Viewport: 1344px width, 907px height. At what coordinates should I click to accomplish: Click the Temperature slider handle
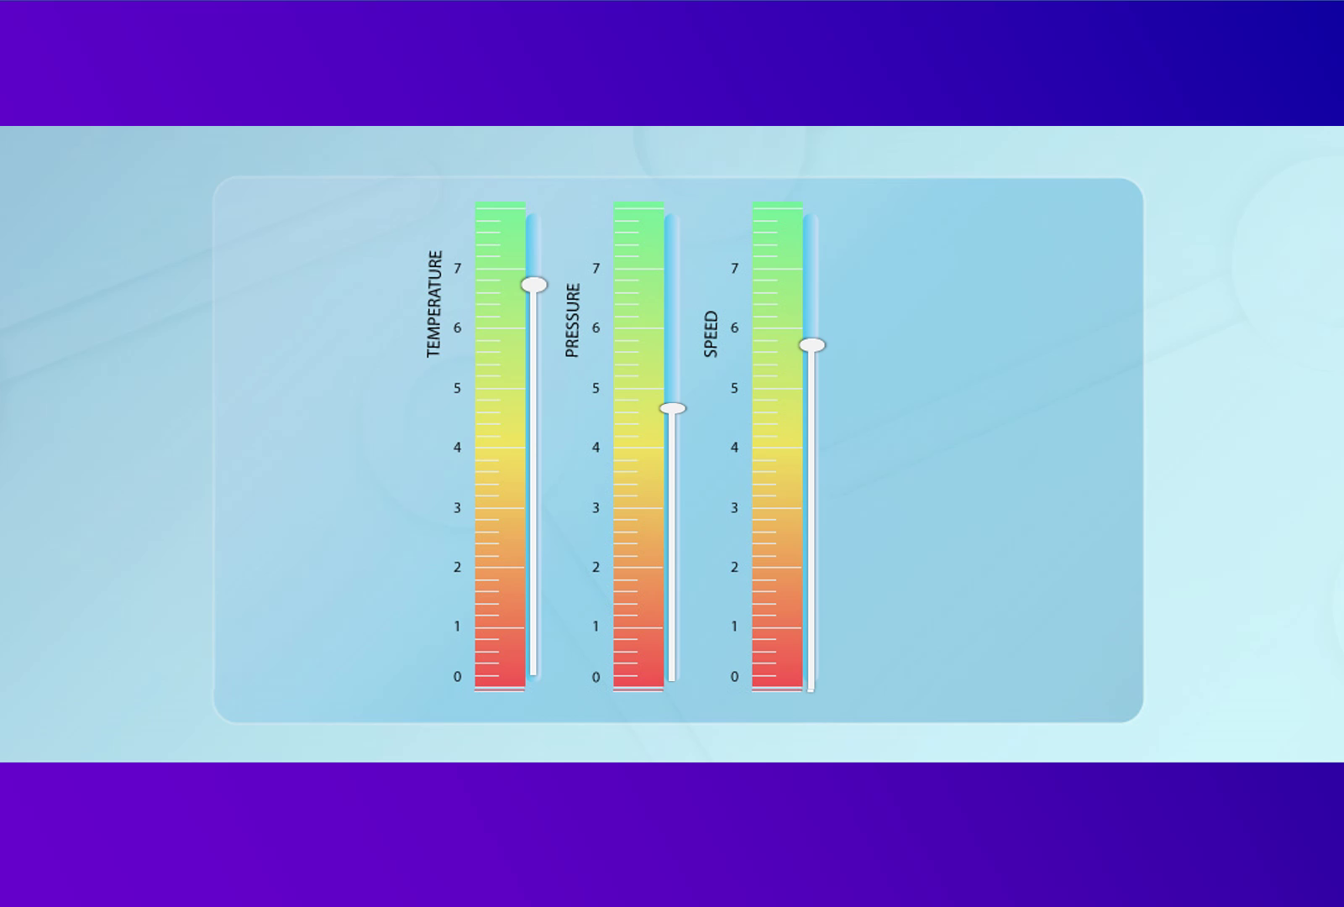coord(533,285)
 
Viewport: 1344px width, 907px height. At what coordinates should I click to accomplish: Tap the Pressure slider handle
coord(672,408)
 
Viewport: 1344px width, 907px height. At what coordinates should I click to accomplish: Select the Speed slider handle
coord(811,344)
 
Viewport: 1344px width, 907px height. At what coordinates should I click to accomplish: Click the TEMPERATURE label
coord(434,304)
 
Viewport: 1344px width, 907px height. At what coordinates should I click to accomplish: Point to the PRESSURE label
coord(573,320)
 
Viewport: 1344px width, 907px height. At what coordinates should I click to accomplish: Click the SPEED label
coord(711,334)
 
